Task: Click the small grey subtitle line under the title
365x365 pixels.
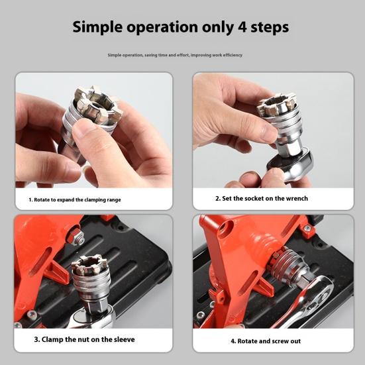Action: pos(175,55)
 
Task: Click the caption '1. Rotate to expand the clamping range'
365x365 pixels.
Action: pos(74,199)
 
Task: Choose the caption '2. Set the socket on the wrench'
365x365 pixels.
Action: pos(261,198)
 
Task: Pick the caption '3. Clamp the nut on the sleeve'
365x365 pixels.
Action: pos(84,339)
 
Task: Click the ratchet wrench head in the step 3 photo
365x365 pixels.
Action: pos(93,319)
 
